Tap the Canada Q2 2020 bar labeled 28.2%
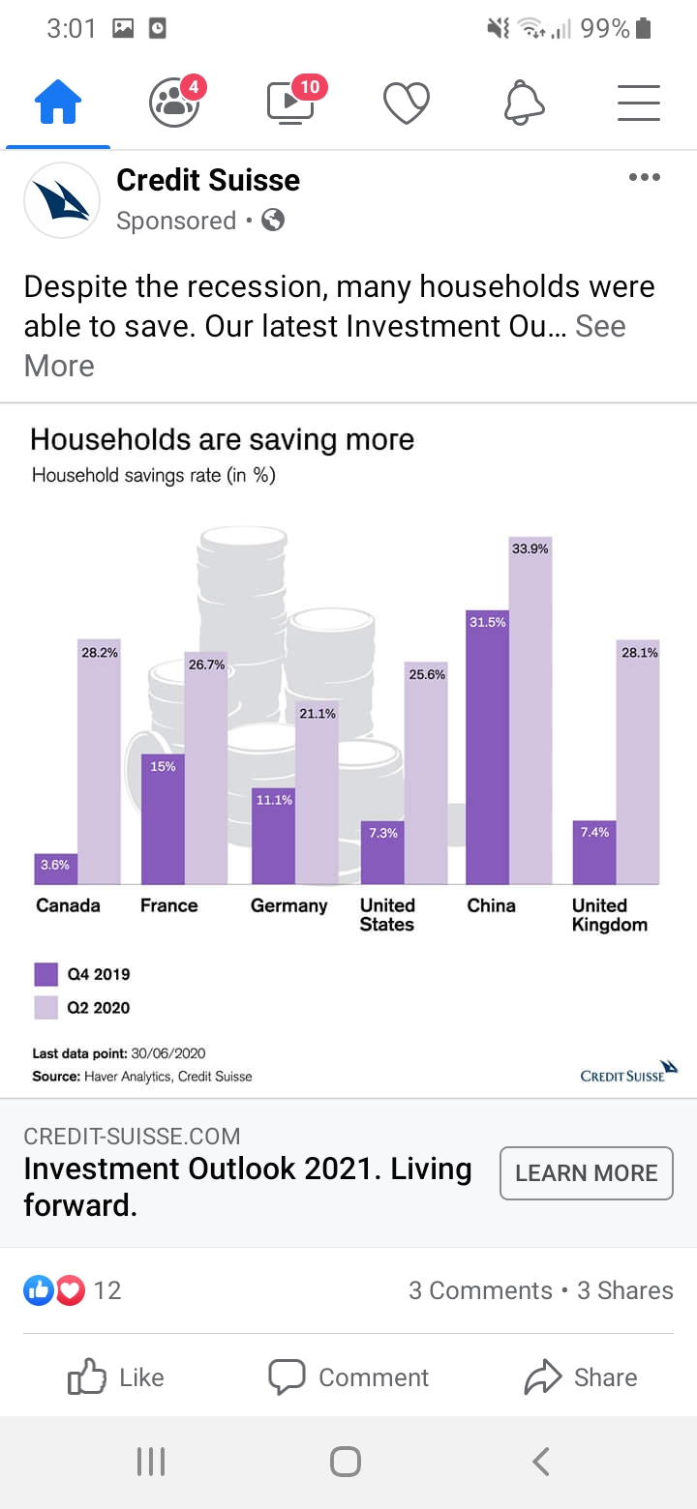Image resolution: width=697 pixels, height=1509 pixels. coord(99,764)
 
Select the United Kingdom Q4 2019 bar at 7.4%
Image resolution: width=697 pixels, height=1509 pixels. coord(593,853)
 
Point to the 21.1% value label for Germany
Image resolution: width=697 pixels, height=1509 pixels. coord(318,714)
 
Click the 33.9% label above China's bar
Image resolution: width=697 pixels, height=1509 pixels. coord(530,548)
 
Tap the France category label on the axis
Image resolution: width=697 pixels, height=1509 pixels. coord(168,905)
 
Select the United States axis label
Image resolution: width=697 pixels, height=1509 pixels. coord(387,915)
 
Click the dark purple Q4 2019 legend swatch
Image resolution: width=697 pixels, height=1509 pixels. coord(46,974)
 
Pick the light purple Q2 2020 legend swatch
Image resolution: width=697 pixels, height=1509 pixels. coord(46,1007)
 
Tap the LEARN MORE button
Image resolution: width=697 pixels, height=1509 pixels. coord(586,1173)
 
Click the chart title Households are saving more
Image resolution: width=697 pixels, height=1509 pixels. coord(222,439)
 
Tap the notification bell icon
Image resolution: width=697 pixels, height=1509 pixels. coord(524,103)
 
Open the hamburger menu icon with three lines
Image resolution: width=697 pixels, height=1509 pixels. coord(639,103)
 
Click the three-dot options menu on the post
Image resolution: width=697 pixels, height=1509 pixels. coord(644,177)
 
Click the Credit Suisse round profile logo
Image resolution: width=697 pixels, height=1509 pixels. coord(62,200)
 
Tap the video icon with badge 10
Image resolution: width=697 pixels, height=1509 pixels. coord(291,103)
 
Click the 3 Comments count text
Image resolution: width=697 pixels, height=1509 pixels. coord(480,1290)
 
